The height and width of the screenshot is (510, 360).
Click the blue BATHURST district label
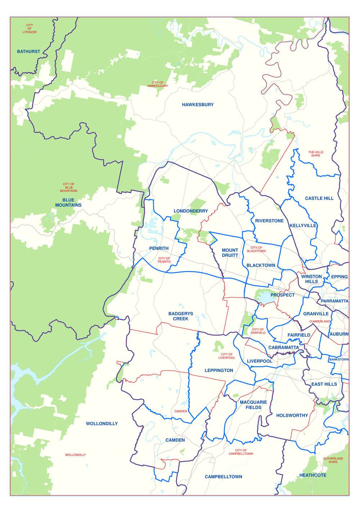pos(28,52)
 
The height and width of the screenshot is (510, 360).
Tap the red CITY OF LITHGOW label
pos(30,29)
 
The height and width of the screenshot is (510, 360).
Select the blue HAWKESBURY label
pos(198,105)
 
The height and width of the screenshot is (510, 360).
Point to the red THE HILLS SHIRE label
pos(316,154)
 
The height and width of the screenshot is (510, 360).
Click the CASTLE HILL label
pos(319,198)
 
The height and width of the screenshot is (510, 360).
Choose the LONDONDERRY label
pos(191,211)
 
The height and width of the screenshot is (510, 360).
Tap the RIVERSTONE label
pos(269,221)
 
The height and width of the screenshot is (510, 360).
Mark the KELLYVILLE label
pos(303,226)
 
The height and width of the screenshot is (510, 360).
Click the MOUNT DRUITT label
pos(230,253)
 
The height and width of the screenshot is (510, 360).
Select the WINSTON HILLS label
pos(311,279)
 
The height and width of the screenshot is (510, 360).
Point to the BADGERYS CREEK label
pos(181,316)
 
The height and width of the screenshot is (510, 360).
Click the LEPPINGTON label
pos(219,371)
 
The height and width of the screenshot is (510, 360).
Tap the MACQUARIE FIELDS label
pos(253,405)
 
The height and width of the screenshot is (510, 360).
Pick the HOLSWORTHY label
pos(292,416)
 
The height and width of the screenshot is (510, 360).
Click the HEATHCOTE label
pos(313,475)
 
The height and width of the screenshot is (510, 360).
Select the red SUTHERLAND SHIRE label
pos(333,460)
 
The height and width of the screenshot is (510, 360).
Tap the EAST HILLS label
pos(324,384)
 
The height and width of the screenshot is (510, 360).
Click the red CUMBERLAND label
pos(320,321)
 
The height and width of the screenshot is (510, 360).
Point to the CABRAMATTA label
pos(284,348)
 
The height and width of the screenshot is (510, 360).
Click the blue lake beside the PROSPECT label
pos(265,298)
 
